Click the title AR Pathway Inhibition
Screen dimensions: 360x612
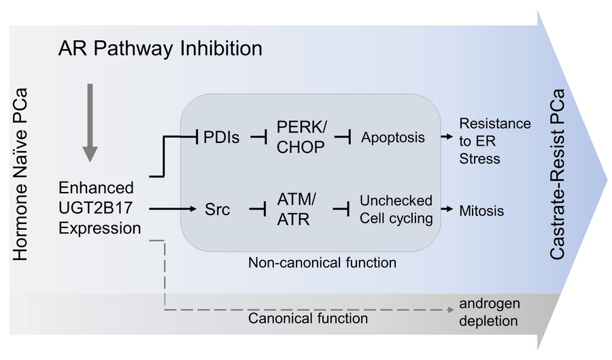click(x=160, y=49)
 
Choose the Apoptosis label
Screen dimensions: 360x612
click(x=392, y=137)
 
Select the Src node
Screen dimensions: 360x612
click(x=217, y=210)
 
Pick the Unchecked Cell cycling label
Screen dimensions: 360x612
click(x=396, y=210)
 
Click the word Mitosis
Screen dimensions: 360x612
click(x=481, y=211)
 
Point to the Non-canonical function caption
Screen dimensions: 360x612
click(x=322, y=262)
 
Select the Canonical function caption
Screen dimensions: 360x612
click(x=308, y=318)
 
